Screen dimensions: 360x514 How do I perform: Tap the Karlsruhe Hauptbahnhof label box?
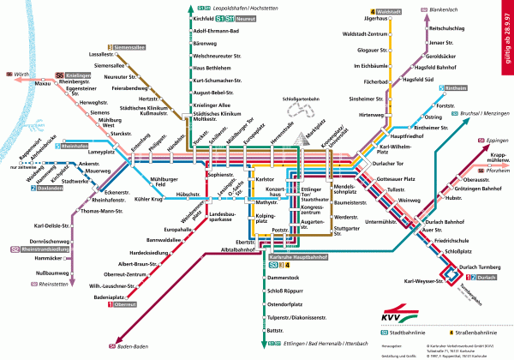coord(300,256)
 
